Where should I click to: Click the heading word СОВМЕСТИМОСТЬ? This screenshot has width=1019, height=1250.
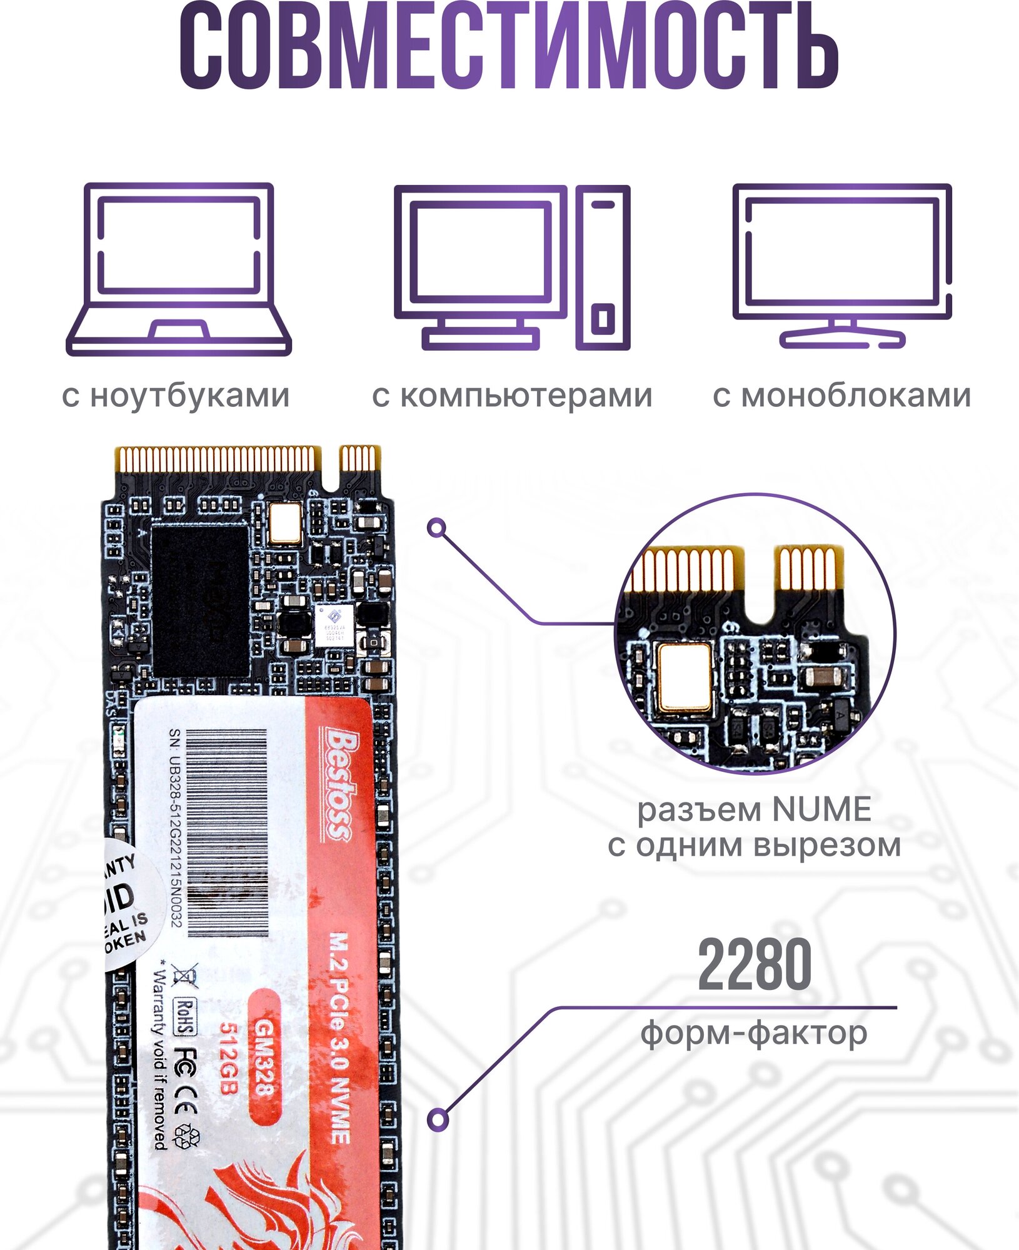pyautogui.click(x=509, y=47)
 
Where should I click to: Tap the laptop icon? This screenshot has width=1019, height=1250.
pyautogui.click(x=179, y=269)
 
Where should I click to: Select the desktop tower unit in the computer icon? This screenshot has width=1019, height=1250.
pyautogui.click(x=603, y=267)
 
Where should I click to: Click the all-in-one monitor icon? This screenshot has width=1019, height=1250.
pyautogui.click(x=841, y=266)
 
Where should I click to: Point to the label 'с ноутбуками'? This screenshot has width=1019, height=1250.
pyautogui.click(x=176, y=396)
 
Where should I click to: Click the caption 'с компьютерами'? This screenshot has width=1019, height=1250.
pyautogui.click(x=512, y=396)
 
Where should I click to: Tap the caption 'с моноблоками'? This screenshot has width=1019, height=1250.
pyautogui.click(x=841, y=396)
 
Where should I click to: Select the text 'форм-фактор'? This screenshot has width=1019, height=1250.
pyautogui.click(x=754, y=1032)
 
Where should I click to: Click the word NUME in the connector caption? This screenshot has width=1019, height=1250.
pyautogui.click(x=821, y=810)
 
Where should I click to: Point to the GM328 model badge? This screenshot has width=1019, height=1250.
pyautogui.click(x=264, y=1057)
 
